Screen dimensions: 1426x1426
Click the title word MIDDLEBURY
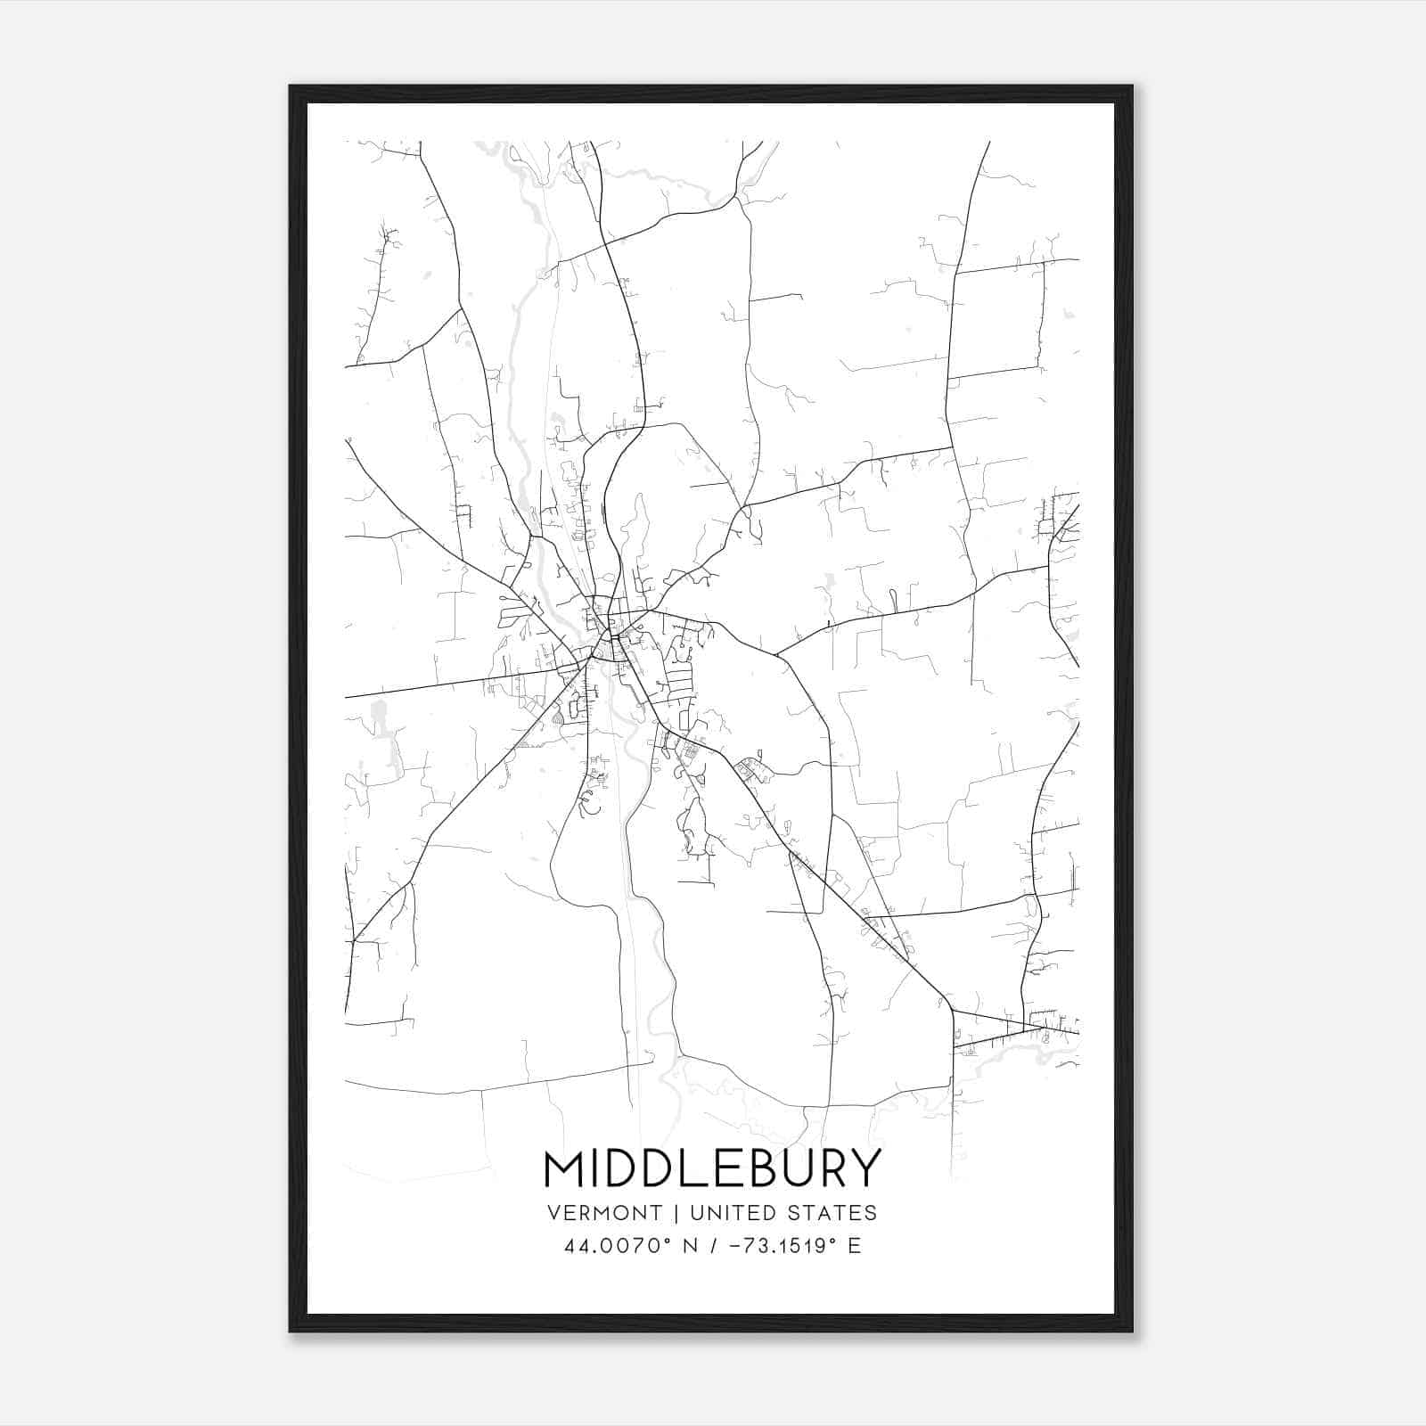coord(712,1169)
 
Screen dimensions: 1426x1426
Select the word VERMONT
coord(605,1213)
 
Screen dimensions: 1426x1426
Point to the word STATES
coord(830,1213)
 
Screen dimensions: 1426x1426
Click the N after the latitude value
coord(688,1246)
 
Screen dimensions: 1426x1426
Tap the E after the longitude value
coord(855,1246)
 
